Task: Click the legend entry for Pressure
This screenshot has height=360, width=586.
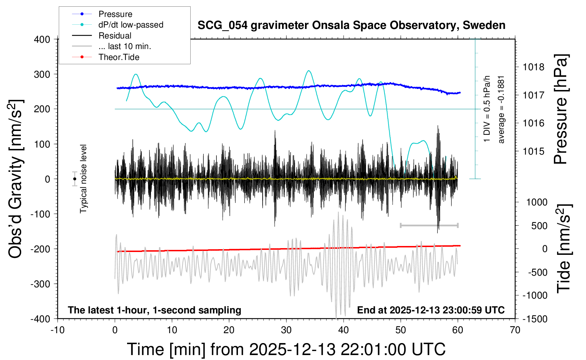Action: point(115,14)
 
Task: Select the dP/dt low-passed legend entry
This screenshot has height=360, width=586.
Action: point(131,25)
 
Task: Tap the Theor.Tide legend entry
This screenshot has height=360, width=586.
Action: point(119,57)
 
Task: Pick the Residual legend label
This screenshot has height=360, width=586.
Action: point(115,36)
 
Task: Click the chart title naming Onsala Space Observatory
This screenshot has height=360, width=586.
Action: point(351,25)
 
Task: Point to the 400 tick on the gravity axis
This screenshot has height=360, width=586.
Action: point(42,40)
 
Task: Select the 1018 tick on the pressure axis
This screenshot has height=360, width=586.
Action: point(533,67)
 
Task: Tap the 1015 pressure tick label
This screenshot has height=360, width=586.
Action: point(533,151)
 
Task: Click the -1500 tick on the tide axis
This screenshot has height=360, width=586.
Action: point(535,319)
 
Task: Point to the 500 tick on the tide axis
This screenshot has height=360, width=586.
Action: point(539,226)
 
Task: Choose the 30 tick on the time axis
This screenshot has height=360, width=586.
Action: point(286,330)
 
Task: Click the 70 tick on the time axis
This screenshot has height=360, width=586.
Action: point(515,330)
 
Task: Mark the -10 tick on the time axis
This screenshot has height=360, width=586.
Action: point(58,330)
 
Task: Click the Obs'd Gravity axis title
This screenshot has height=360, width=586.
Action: point(16,179)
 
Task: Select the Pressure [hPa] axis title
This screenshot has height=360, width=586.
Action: point(561,109)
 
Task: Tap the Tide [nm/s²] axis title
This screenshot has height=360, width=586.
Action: point(564,249)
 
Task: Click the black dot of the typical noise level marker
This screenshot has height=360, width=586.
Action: point(74,179)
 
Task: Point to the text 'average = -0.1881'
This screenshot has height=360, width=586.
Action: point(501,109)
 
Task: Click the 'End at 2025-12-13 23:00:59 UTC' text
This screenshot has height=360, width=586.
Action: point(431,310)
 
